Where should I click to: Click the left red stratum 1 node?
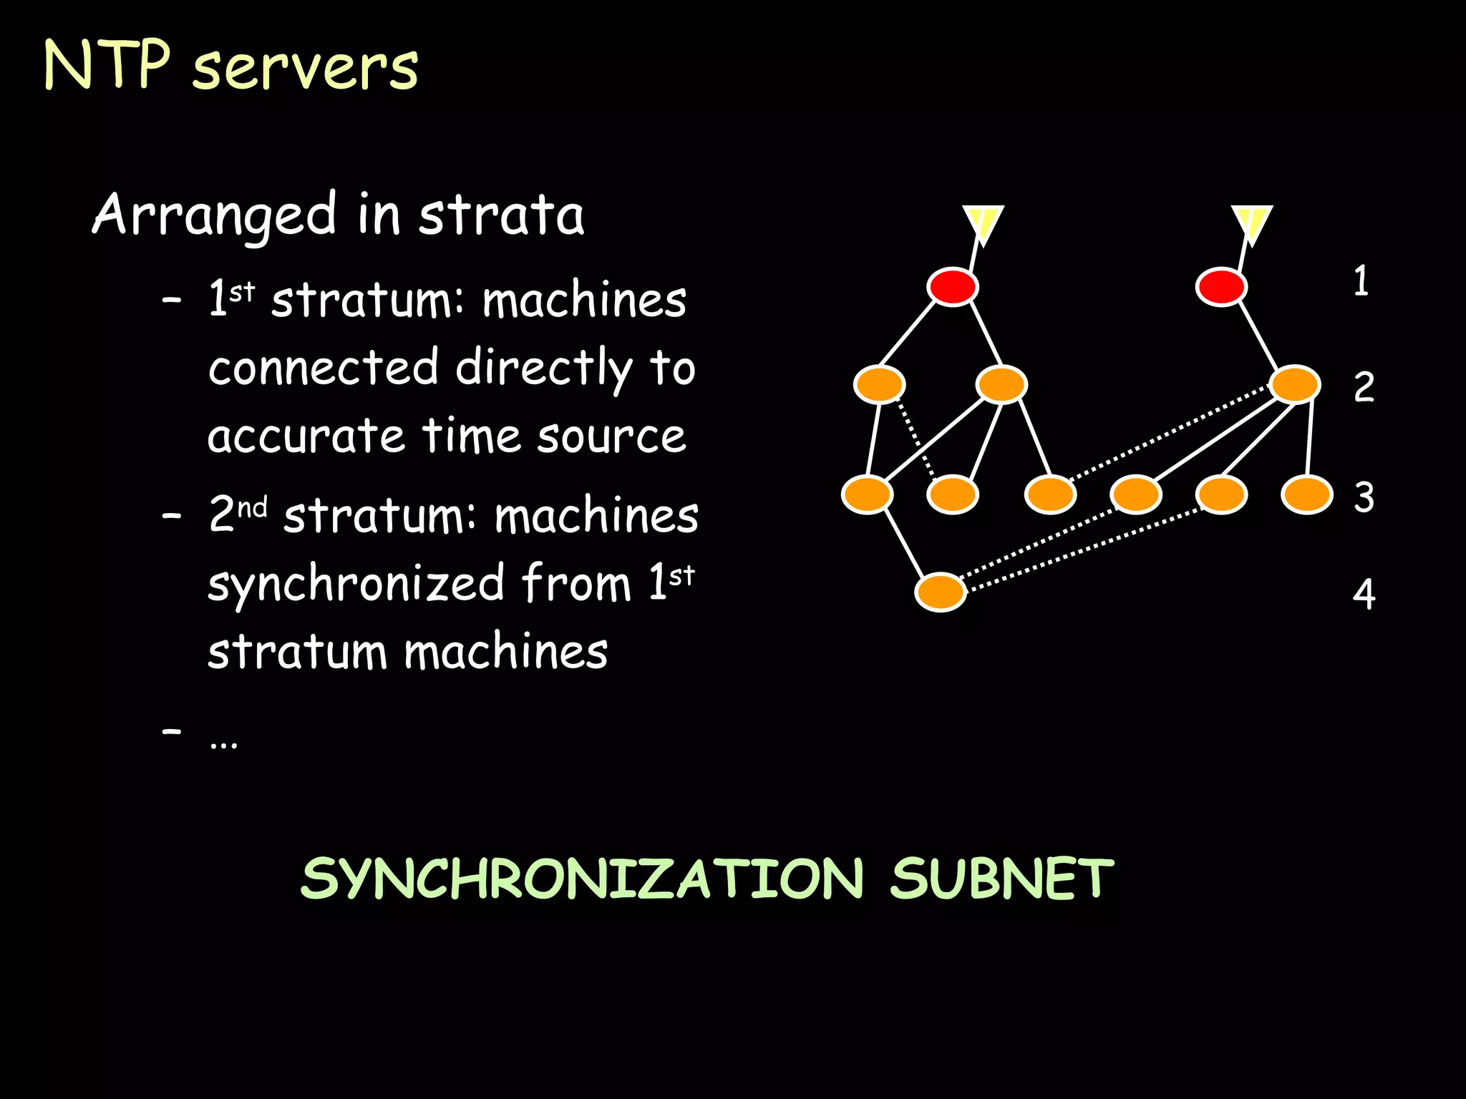952,287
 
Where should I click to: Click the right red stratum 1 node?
1221,287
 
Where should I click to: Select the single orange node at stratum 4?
941,592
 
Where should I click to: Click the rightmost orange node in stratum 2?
1295,384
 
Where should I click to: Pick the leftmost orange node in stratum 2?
879,384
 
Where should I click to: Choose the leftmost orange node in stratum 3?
867,494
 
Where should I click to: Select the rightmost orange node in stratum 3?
1307,494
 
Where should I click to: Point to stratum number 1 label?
1361,280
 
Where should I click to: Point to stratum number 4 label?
1364,594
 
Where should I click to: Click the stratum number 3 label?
1364,497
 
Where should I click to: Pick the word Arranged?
214,215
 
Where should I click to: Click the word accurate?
306,436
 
